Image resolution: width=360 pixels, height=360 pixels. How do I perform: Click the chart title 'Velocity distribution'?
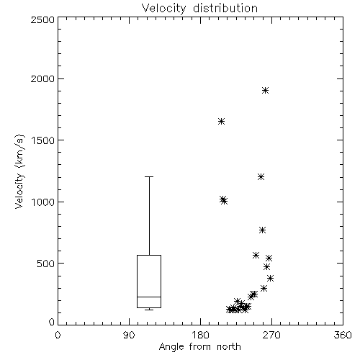[x=199, y=8]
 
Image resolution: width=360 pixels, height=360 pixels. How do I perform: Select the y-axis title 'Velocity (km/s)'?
[x=19, y=171]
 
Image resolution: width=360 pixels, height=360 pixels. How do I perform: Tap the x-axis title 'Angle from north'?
[x=199, y=347]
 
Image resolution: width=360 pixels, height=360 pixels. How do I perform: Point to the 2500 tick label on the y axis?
[x=42, y=19]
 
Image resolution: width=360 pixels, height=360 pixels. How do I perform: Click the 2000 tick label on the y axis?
[x=42, y=78]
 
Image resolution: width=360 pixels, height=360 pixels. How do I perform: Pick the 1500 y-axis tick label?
[x=43, y=140]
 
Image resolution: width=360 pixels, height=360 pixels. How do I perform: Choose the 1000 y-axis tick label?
[x=43, y=202]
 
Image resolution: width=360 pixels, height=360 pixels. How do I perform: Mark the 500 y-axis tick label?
[x=46, y=264]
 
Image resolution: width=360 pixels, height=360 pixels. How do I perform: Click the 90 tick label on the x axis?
[x=129, y=335]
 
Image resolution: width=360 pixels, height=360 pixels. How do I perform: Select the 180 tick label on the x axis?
[x=200, y=335]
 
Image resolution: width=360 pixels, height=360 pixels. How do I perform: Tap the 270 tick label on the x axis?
[x=271, y=335]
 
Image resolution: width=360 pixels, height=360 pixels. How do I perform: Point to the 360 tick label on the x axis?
[x=343, y=335]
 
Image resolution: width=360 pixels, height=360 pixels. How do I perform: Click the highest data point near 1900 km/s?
[x=265, y=91]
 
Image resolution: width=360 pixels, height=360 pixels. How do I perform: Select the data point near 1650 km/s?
[x=221, y=122]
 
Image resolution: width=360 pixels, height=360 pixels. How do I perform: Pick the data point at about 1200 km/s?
[x=261, y=177]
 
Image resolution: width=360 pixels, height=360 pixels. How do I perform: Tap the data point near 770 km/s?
[x=262, y=230]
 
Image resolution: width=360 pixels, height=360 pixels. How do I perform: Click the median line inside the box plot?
[x=149, y=297]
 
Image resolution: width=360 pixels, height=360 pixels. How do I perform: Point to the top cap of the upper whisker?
[x=149, y=176]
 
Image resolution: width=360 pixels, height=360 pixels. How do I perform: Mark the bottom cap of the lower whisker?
[x=149, y=310]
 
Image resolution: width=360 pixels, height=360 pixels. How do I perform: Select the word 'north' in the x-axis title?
[x=229, y=347]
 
